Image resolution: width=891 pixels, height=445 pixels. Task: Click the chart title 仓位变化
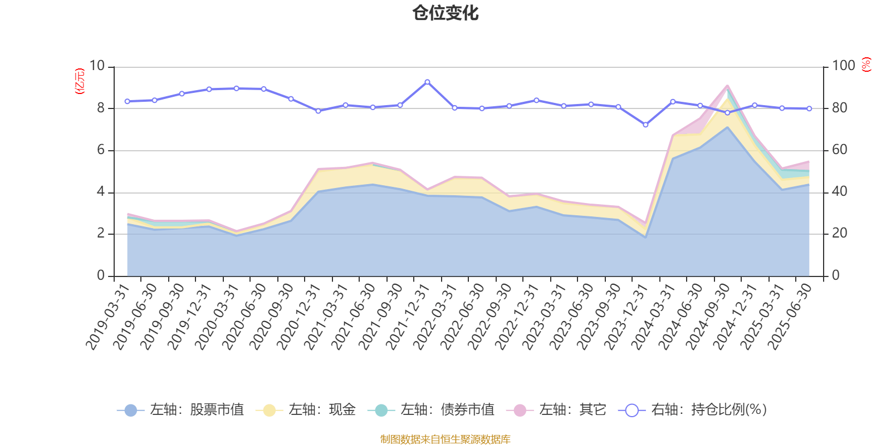[x=445, y=13]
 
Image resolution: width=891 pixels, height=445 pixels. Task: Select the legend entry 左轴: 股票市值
[x=180, y=411]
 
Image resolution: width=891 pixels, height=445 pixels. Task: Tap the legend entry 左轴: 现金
[x=306, y=411]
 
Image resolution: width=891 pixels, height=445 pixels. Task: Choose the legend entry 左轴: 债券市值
[x=431, y=411]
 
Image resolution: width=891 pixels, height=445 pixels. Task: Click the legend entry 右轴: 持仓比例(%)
[x=693, y=411]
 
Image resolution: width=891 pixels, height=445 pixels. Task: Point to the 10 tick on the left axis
[x=97, y=66]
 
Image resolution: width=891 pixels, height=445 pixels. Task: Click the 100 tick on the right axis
[x=843, y=66]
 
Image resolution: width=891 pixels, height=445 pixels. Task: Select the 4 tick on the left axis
[x=101, y=192]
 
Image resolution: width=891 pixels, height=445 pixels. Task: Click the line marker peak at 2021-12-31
[x=427, y=82]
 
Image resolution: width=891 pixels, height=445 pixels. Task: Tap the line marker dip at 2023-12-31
[x=645, y=125]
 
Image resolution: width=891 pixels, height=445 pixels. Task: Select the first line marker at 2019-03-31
[x=127, y=101]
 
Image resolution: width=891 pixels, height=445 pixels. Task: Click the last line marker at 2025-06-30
[x=809, y=108]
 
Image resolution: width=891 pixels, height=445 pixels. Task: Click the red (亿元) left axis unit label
[x=80, y=81]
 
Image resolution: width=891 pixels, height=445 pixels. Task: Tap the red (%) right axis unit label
[x=866, y=65]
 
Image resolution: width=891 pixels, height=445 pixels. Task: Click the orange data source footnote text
[x=445, y=439]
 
